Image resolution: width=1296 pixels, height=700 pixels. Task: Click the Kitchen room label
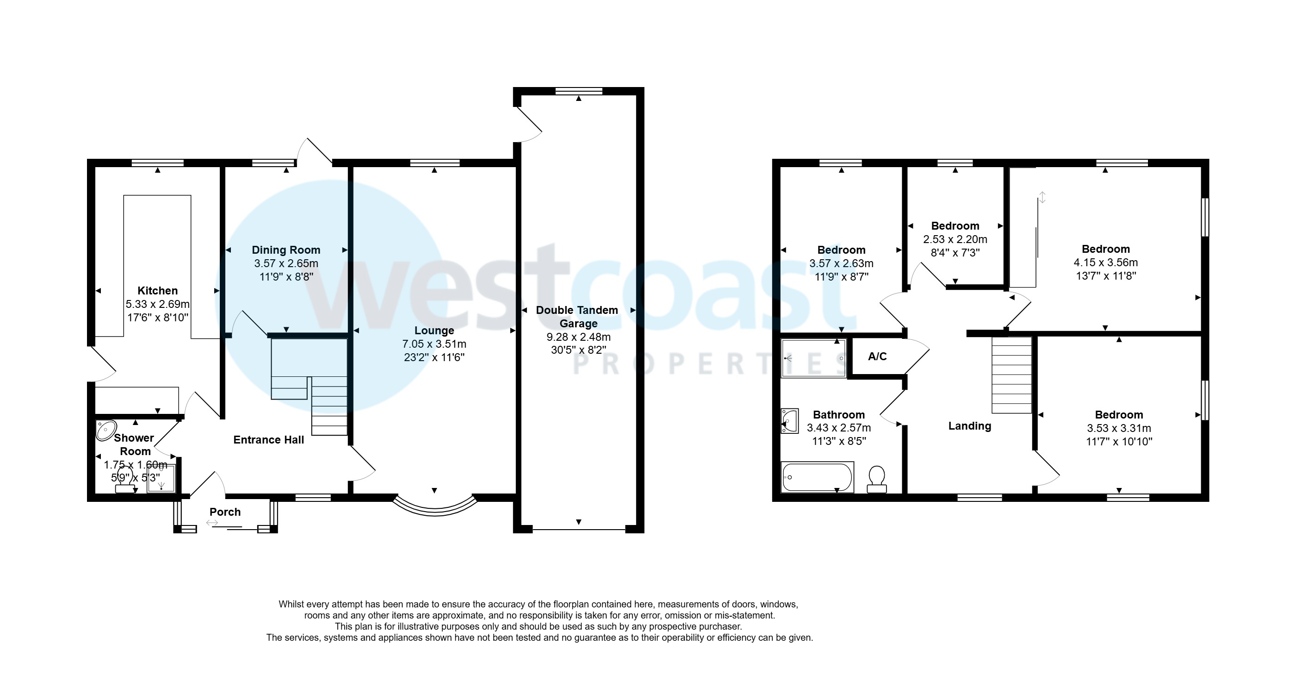(157, 290)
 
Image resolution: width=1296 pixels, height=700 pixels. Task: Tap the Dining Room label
(286, 250)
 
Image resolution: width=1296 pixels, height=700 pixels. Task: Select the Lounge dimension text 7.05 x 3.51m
(434, 344)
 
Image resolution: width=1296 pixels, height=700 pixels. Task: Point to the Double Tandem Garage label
(577, 317)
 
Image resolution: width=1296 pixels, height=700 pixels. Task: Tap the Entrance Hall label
(269, 440)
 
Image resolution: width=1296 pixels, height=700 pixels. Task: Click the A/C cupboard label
(877, 356)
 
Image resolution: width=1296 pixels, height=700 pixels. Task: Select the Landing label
(969, 426)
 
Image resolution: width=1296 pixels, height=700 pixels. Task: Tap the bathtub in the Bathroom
(817, 476)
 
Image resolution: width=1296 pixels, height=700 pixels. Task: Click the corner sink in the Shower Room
(105, 430)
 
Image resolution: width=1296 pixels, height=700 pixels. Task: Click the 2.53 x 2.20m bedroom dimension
(955, 239)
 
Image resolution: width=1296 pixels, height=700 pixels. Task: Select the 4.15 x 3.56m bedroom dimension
(1106, 262)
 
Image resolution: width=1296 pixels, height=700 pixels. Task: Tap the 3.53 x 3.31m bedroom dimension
(1119, 428)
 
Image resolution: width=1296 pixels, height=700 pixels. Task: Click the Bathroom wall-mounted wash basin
(789, 421)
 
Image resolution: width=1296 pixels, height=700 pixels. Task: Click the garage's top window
(578, 91)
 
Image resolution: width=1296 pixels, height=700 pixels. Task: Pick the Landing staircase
(1012, 375)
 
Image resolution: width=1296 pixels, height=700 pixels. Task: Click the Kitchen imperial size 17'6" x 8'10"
(157, 318)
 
